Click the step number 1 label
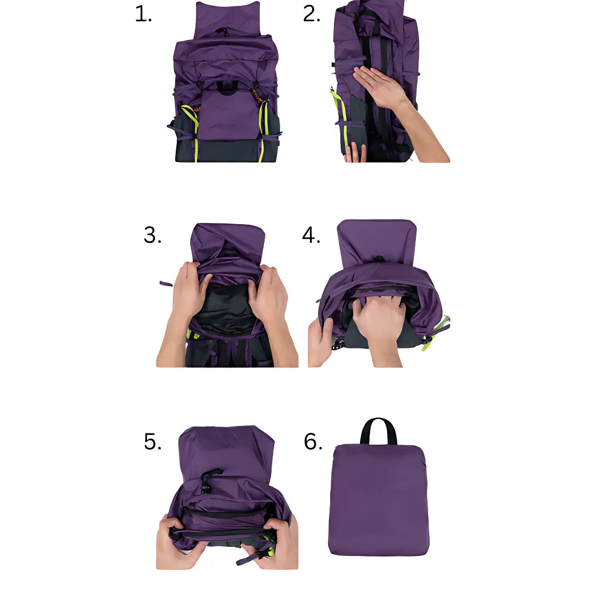[x=143, y=14]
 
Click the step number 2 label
[x=312, y=14]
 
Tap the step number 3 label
[x=152, y=235]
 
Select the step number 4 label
[x=311, y=235]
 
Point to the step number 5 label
[x=152, y=442]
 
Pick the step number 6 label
[x=313, y=442]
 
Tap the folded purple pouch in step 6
[x=378, y=501]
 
